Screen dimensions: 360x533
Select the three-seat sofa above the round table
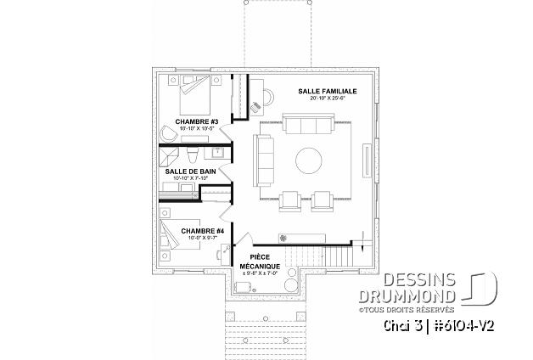tap(309, 127)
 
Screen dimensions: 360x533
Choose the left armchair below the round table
tap(290, 200)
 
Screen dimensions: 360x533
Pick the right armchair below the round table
tap(323, 200)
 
